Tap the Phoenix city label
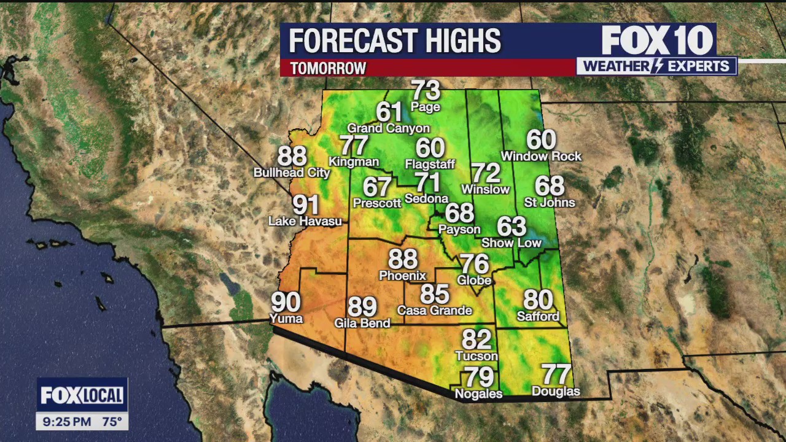pos(402,276)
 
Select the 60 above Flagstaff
pos(430,149)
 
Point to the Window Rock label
pos(541,157)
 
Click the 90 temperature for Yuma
pos(286,302)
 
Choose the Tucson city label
pos(477,356)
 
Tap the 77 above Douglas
pos(556,374)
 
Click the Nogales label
pos(478,394)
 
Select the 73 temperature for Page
pos(426,91)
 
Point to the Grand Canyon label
pos(389,128)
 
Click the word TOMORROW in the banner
pos(328,68)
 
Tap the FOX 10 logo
pos(657,41)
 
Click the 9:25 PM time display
pos(68,422)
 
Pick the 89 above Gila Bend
pos(362,306)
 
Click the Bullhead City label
pos(292,173)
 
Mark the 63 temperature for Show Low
pos(512,227)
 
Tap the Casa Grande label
pos(435,311)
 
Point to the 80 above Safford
pos(539,300)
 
